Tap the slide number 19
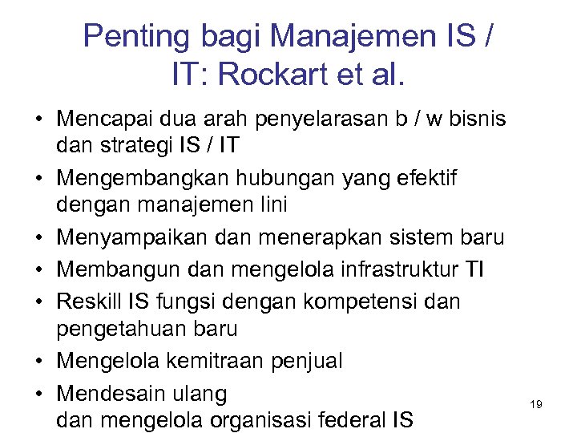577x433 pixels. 536,405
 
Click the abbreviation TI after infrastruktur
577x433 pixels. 474,269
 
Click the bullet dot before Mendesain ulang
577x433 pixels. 38,395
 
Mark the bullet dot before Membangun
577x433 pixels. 38,269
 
